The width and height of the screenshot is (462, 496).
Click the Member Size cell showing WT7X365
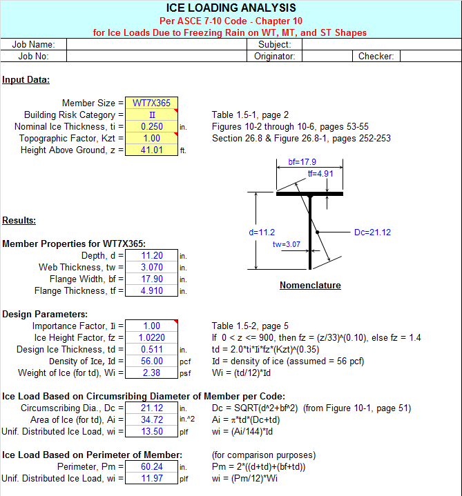coord(151,103)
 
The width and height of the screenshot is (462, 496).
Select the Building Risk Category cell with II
coord(151,115)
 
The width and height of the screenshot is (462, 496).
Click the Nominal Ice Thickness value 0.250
coord(151,126)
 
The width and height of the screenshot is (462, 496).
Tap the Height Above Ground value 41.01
coord(151,150)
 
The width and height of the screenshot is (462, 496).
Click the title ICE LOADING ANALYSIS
coord(231,8)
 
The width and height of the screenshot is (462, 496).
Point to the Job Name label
coord(33,44)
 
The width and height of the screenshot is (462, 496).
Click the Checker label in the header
coord(376,56)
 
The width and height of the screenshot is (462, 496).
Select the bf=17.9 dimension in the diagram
coord(302,162)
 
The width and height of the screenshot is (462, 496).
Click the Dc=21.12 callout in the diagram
coord(372,232)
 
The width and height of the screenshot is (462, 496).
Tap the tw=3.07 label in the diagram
coord(286,244)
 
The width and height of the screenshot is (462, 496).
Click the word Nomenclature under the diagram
coord(310,285)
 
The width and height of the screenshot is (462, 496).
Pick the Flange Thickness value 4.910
coord(151,290)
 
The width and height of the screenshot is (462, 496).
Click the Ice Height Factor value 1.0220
coord(151,337)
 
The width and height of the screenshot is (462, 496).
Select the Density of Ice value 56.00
coord(151,361)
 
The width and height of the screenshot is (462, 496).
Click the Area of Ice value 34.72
coord(151,419)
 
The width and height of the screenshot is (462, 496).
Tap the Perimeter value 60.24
coord(151,466)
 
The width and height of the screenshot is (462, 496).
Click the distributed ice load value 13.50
coord(151,431)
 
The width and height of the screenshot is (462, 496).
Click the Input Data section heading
coord(26,79)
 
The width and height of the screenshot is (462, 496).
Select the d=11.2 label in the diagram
coord(262,232)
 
